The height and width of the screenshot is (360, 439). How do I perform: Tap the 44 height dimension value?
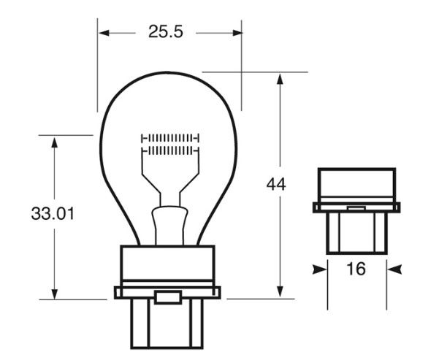pyautogui.click(x=275, y=185)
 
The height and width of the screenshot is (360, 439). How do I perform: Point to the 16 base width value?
pyautogui.click(x=356, y=269)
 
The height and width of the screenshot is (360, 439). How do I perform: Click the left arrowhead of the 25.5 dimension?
pyautogui.click(x=103, y=33)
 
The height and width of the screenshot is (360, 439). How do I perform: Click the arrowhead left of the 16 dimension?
pyautogui.click(x=318, y=269)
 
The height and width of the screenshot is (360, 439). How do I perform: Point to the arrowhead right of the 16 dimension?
pyautogui.click(x=395, y=269)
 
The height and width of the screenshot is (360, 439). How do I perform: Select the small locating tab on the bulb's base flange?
pyautogui.click(x=169, y=297)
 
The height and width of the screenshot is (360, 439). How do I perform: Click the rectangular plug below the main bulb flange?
pyautogui.click(x=168, y=323)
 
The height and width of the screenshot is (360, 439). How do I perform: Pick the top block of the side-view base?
pyautogui.click(x=356, y=185)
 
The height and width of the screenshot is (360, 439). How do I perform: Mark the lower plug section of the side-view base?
pyautogui.click(x=356, y=232)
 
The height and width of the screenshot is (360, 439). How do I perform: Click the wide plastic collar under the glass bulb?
pyautogui.click(x=168, y=267)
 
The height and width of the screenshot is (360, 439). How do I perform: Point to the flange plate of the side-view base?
pyautogui.click(x=356, y=207)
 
